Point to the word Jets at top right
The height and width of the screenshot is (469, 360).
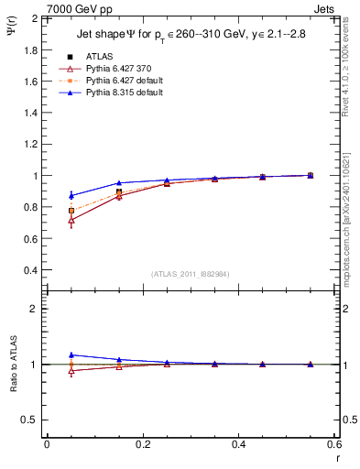click(x=326, y=8)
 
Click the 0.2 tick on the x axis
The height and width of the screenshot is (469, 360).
click(x=142, y=443)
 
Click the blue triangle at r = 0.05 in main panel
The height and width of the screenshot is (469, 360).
click(x=71, y=195)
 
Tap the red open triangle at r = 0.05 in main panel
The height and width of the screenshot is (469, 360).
click(x=71, y=221)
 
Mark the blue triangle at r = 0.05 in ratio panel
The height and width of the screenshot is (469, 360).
click(x=71, y=354)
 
